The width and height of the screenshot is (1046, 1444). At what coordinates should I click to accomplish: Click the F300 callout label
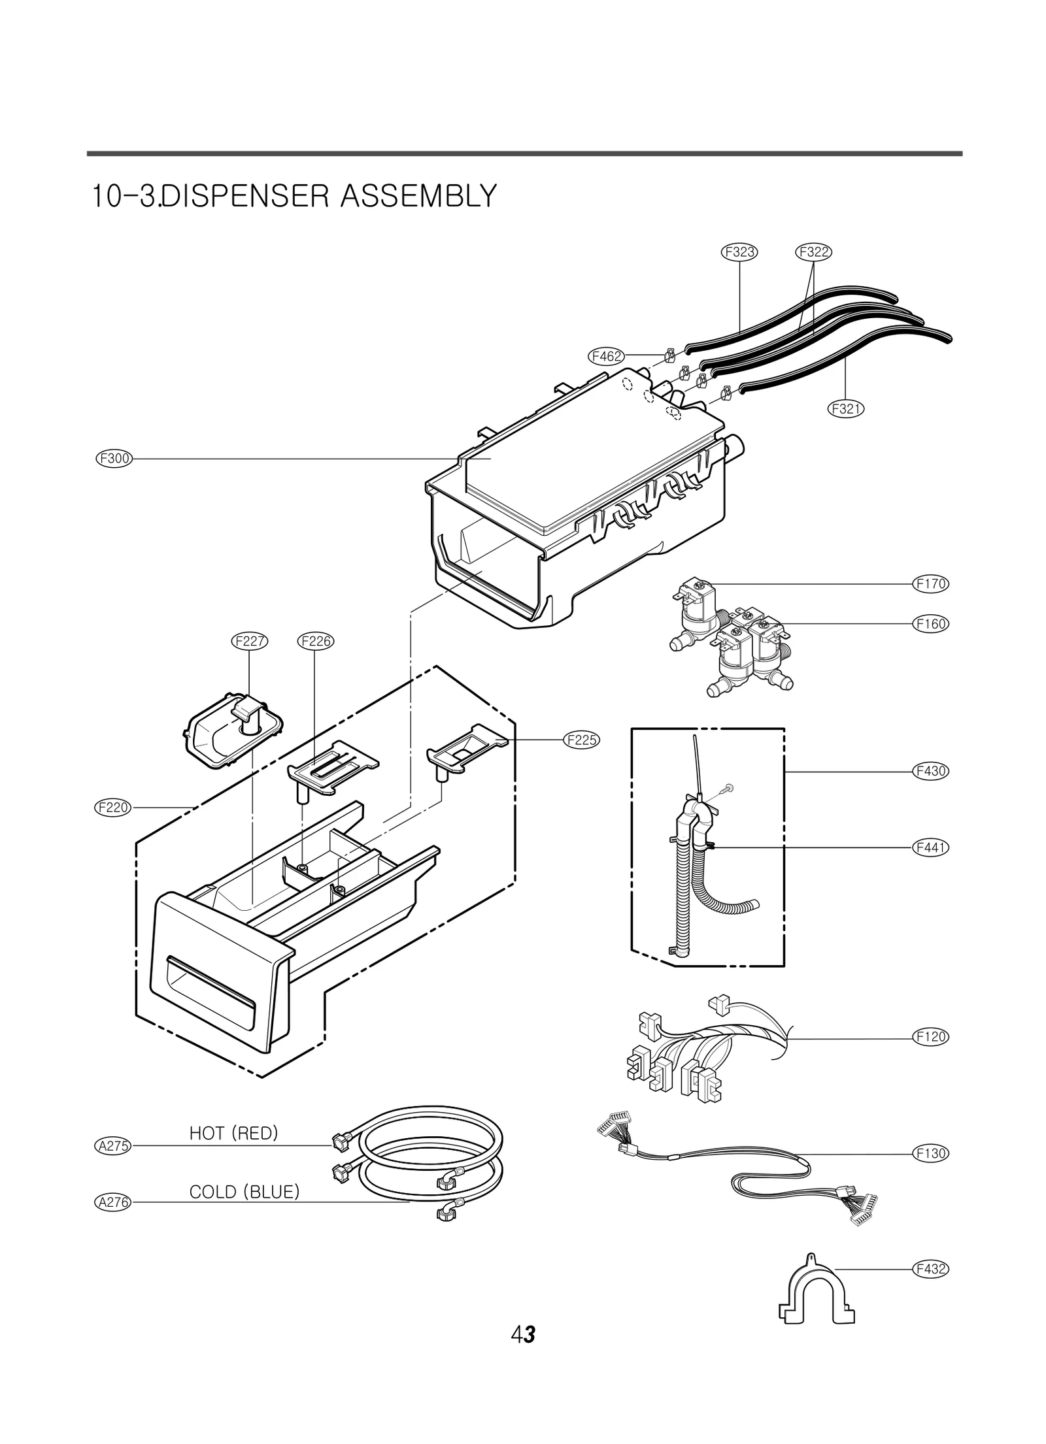coord(114,459)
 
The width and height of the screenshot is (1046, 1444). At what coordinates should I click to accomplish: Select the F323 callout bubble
coord(739,252)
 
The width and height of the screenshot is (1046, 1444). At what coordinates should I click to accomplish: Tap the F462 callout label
coord(606,356)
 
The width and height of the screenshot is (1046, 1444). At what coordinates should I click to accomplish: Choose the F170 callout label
coord(930,583)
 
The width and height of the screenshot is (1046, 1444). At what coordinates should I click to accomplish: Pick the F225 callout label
coord(581,740)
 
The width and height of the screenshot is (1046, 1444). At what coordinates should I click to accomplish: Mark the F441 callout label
coord(930,847)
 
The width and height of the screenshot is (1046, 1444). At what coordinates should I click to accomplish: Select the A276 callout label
coord(114,1202)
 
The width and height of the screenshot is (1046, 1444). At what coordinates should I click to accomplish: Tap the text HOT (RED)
coord(233,1134)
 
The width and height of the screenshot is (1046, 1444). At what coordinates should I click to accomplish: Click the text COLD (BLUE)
coord(244,1192)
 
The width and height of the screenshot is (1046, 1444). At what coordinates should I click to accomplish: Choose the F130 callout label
coord(930,1153)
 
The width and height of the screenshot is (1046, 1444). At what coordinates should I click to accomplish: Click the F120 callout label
coord(930,1037)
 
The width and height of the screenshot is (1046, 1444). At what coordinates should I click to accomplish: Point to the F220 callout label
coord(114,808)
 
